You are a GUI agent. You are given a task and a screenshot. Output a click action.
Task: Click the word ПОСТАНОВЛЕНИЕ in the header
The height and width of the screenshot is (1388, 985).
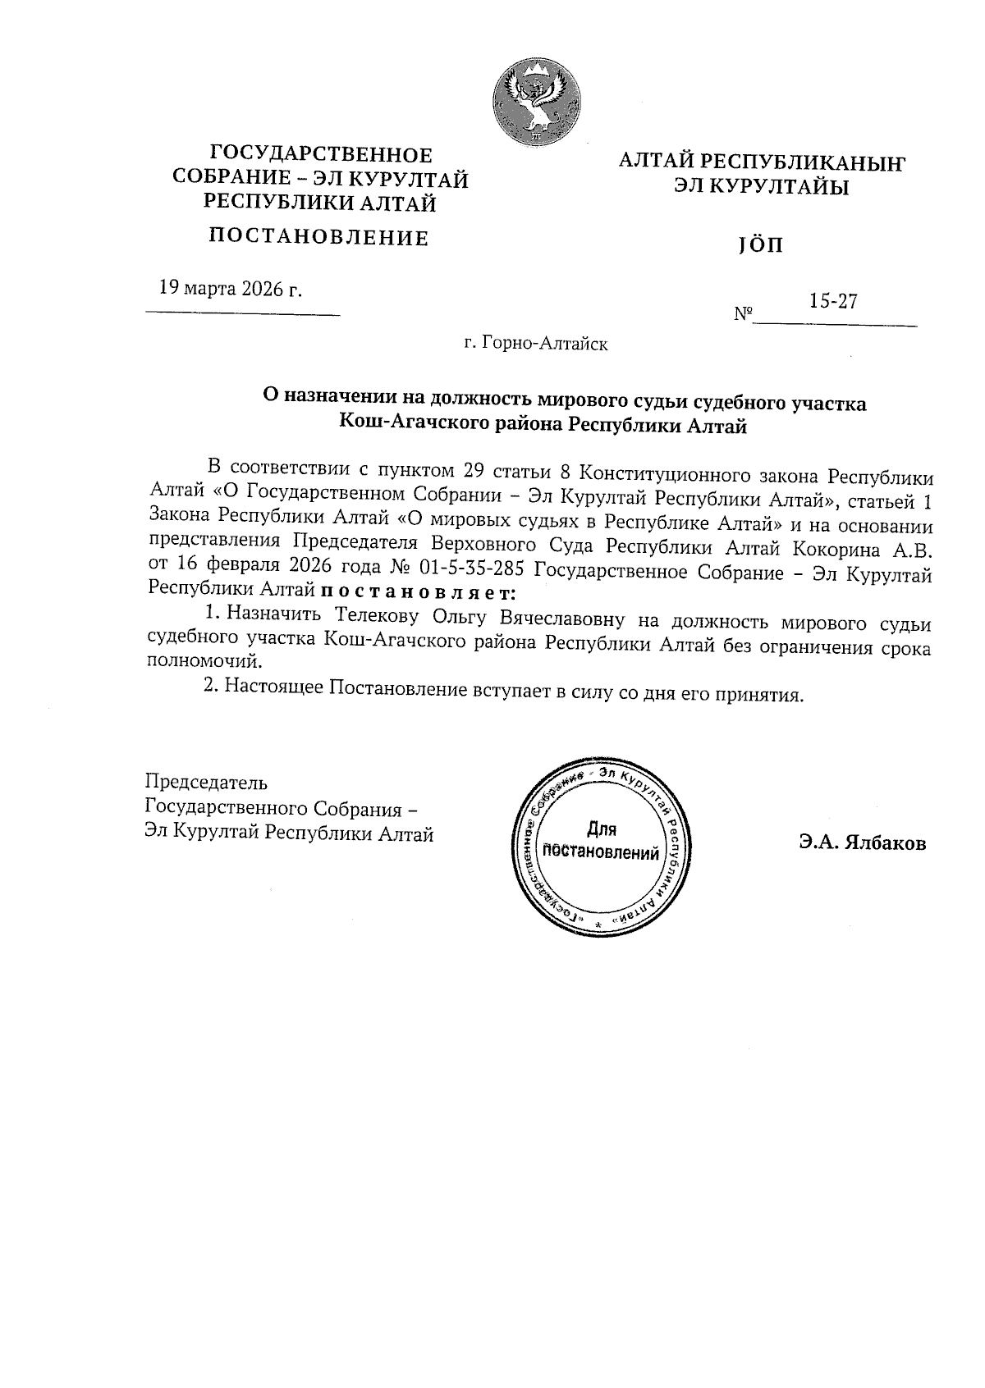319,239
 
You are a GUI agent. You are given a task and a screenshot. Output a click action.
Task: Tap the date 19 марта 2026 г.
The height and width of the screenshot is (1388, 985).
230,289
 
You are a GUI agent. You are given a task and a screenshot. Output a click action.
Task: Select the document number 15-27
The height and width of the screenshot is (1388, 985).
833,301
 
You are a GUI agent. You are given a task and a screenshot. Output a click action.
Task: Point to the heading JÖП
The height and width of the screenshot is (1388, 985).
760,245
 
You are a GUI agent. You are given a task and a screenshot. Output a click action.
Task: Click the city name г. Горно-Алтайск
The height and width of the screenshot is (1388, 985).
535,344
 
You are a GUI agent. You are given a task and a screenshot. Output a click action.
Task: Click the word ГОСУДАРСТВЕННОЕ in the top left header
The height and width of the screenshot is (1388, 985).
322,154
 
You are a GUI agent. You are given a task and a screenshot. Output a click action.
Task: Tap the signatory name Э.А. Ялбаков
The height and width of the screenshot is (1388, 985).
863,842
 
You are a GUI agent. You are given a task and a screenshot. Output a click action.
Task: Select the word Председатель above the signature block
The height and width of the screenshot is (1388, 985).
206,783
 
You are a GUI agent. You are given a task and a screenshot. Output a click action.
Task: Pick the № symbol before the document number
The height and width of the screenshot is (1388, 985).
743,314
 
